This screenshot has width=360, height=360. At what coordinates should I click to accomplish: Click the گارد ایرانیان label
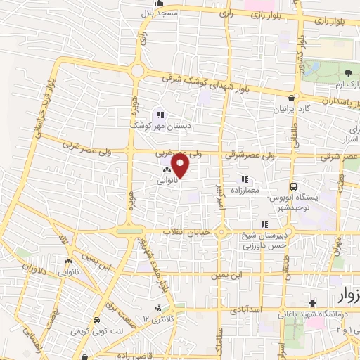click(x=292, y=110)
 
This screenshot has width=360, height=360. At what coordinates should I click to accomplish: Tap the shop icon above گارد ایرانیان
click(x=291, y=98)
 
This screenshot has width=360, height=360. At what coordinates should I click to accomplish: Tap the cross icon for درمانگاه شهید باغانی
click(x=311, y=302)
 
